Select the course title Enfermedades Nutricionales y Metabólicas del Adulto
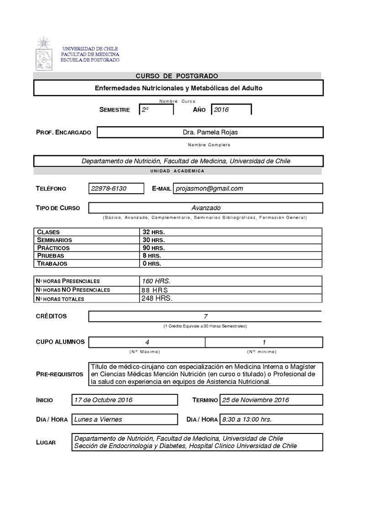pos(178,88)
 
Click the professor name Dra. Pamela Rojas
pos(210,132)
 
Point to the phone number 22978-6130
pos(109,188)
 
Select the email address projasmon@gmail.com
pos(209,188)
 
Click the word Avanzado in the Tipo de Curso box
pos(206,208)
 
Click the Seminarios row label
pos(54,240)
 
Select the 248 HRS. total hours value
pos(157,298)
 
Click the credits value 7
pos(205,316)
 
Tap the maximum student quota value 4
pos(147,342)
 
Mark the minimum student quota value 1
pos(264,342)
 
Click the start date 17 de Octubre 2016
pos(103,400)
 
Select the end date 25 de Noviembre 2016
pos(255,400)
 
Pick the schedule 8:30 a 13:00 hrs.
pos(246,419)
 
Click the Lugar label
pos(46,442)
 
